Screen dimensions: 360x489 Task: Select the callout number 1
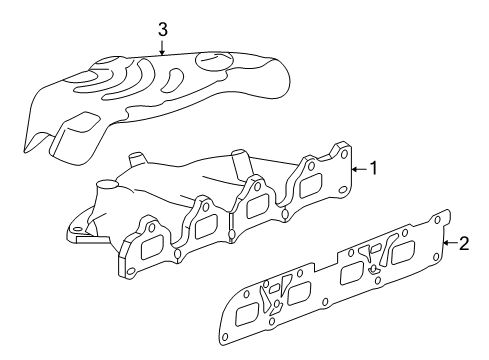373,168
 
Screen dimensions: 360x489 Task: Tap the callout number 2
462,242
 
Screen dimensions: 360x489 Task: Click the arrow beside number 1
357,168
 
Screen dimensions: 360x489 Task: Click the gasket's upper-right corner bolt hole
441,219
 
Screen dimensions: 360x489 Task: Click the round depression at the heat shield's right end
214,62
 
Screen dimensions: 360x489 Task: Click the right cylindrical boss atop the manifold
238,161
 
